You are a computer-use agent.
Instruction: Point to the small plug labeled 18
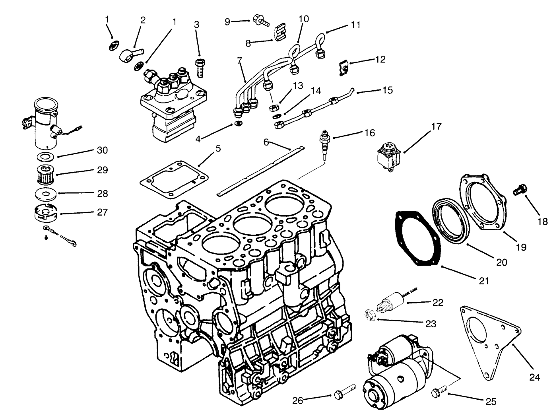(518, 189)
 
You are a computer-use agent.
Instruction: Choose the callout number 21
(483, 281)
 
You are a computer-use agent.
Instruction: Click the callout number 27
(102, 212)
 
